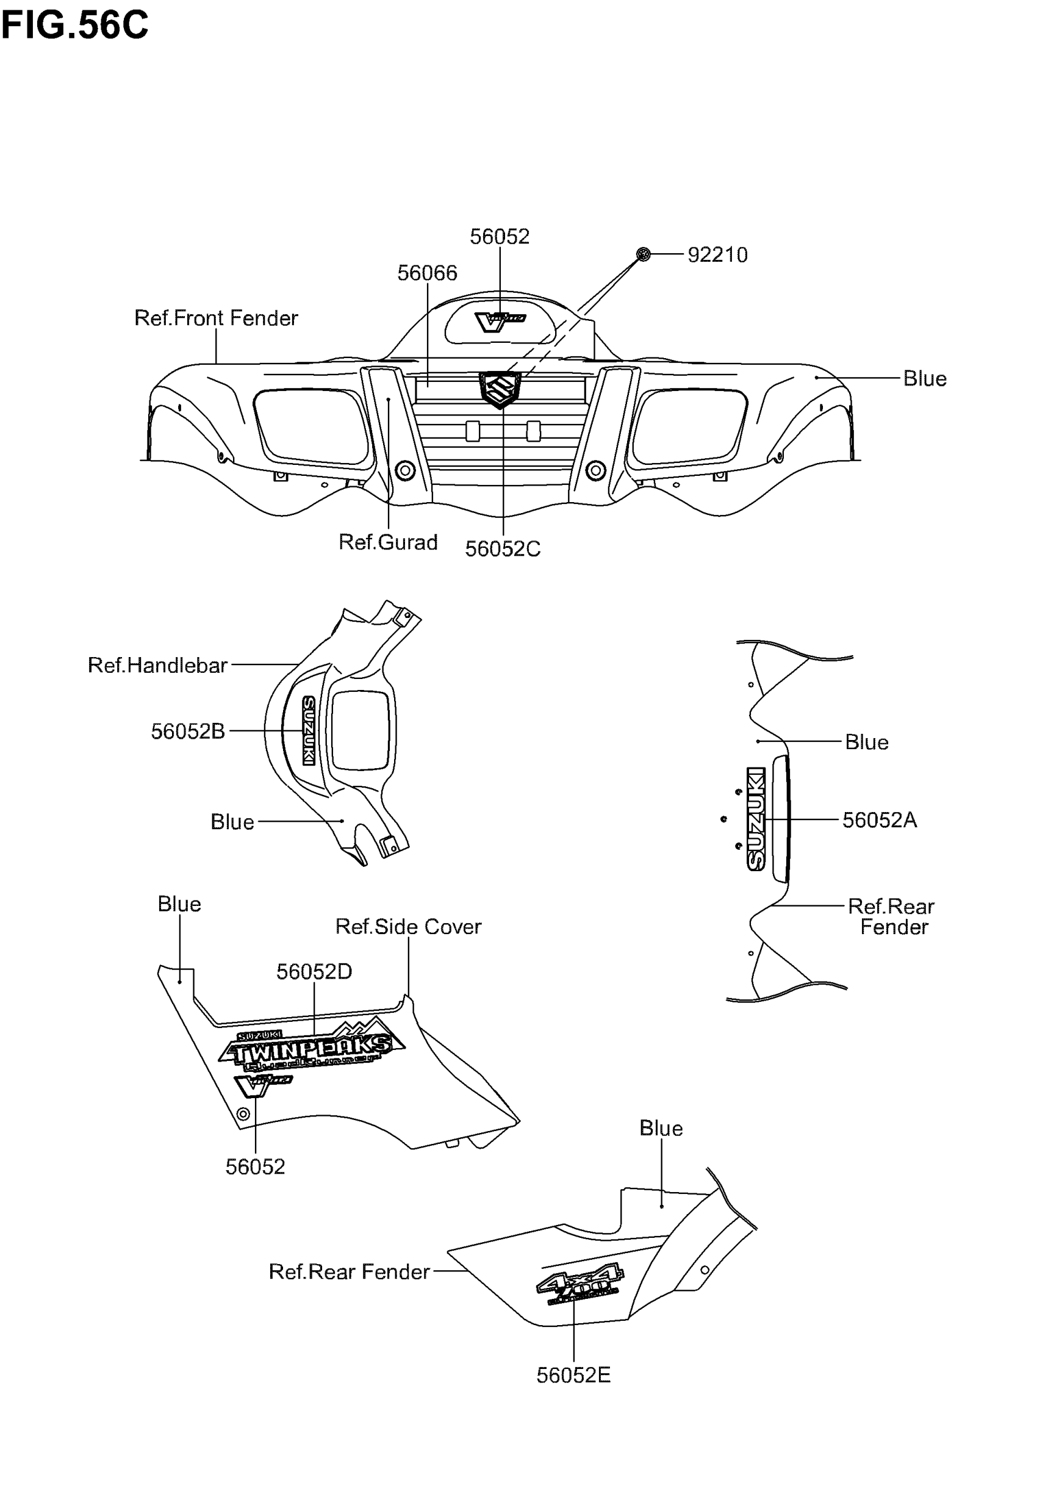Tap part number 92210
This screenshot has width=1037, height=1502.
717,254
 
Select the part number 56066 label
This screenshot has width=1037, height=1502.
427,273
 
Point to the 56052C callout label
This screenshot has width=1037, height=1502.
502,549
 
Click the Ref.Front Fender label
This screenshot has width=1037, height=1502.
216,318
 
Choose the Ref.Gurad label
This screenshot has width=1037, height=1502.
388,542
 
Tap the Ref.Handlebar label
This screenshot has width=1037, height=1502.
157,665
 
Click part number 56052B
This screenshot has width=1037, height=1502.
188,731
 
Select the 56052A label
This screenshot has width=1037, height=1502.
879,820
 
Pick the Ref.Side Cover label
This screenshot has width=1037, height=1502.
408,927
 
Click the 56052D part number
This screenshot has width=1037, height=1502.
314,972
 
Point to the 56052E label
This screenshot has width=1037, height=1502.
573,1375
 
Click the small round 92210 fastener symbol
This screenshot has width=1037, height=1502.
644,254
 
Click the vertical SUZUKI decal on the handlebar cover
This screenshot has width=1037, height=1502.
309,731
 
